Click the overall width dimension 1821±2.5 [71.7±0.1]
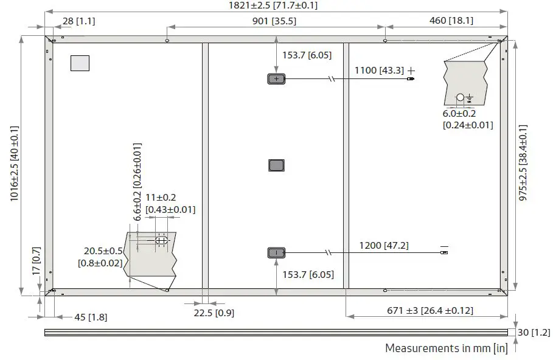pos(273,5)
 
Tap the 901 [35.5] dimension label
pos(274,21)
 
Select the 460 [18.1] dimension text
pos(447,21)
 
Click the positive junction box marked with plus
pos(276,79)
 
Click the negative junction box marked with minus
pos(276,252)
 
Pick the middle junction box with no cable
pos(276,165)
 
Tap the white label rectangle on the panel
pos(80,63)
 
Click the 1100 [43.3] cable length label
pos(379,71)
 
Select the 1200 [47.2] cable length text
pos(384,246)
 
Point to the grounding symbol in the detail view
pos(469,98)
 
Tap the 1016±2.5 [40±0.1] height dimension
pos(15,164)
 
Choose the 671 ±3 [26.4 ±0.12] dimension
pos(430,311)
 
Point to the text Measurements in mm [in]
pos(446,348)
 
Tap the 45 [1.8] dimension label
pos(89,317)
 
